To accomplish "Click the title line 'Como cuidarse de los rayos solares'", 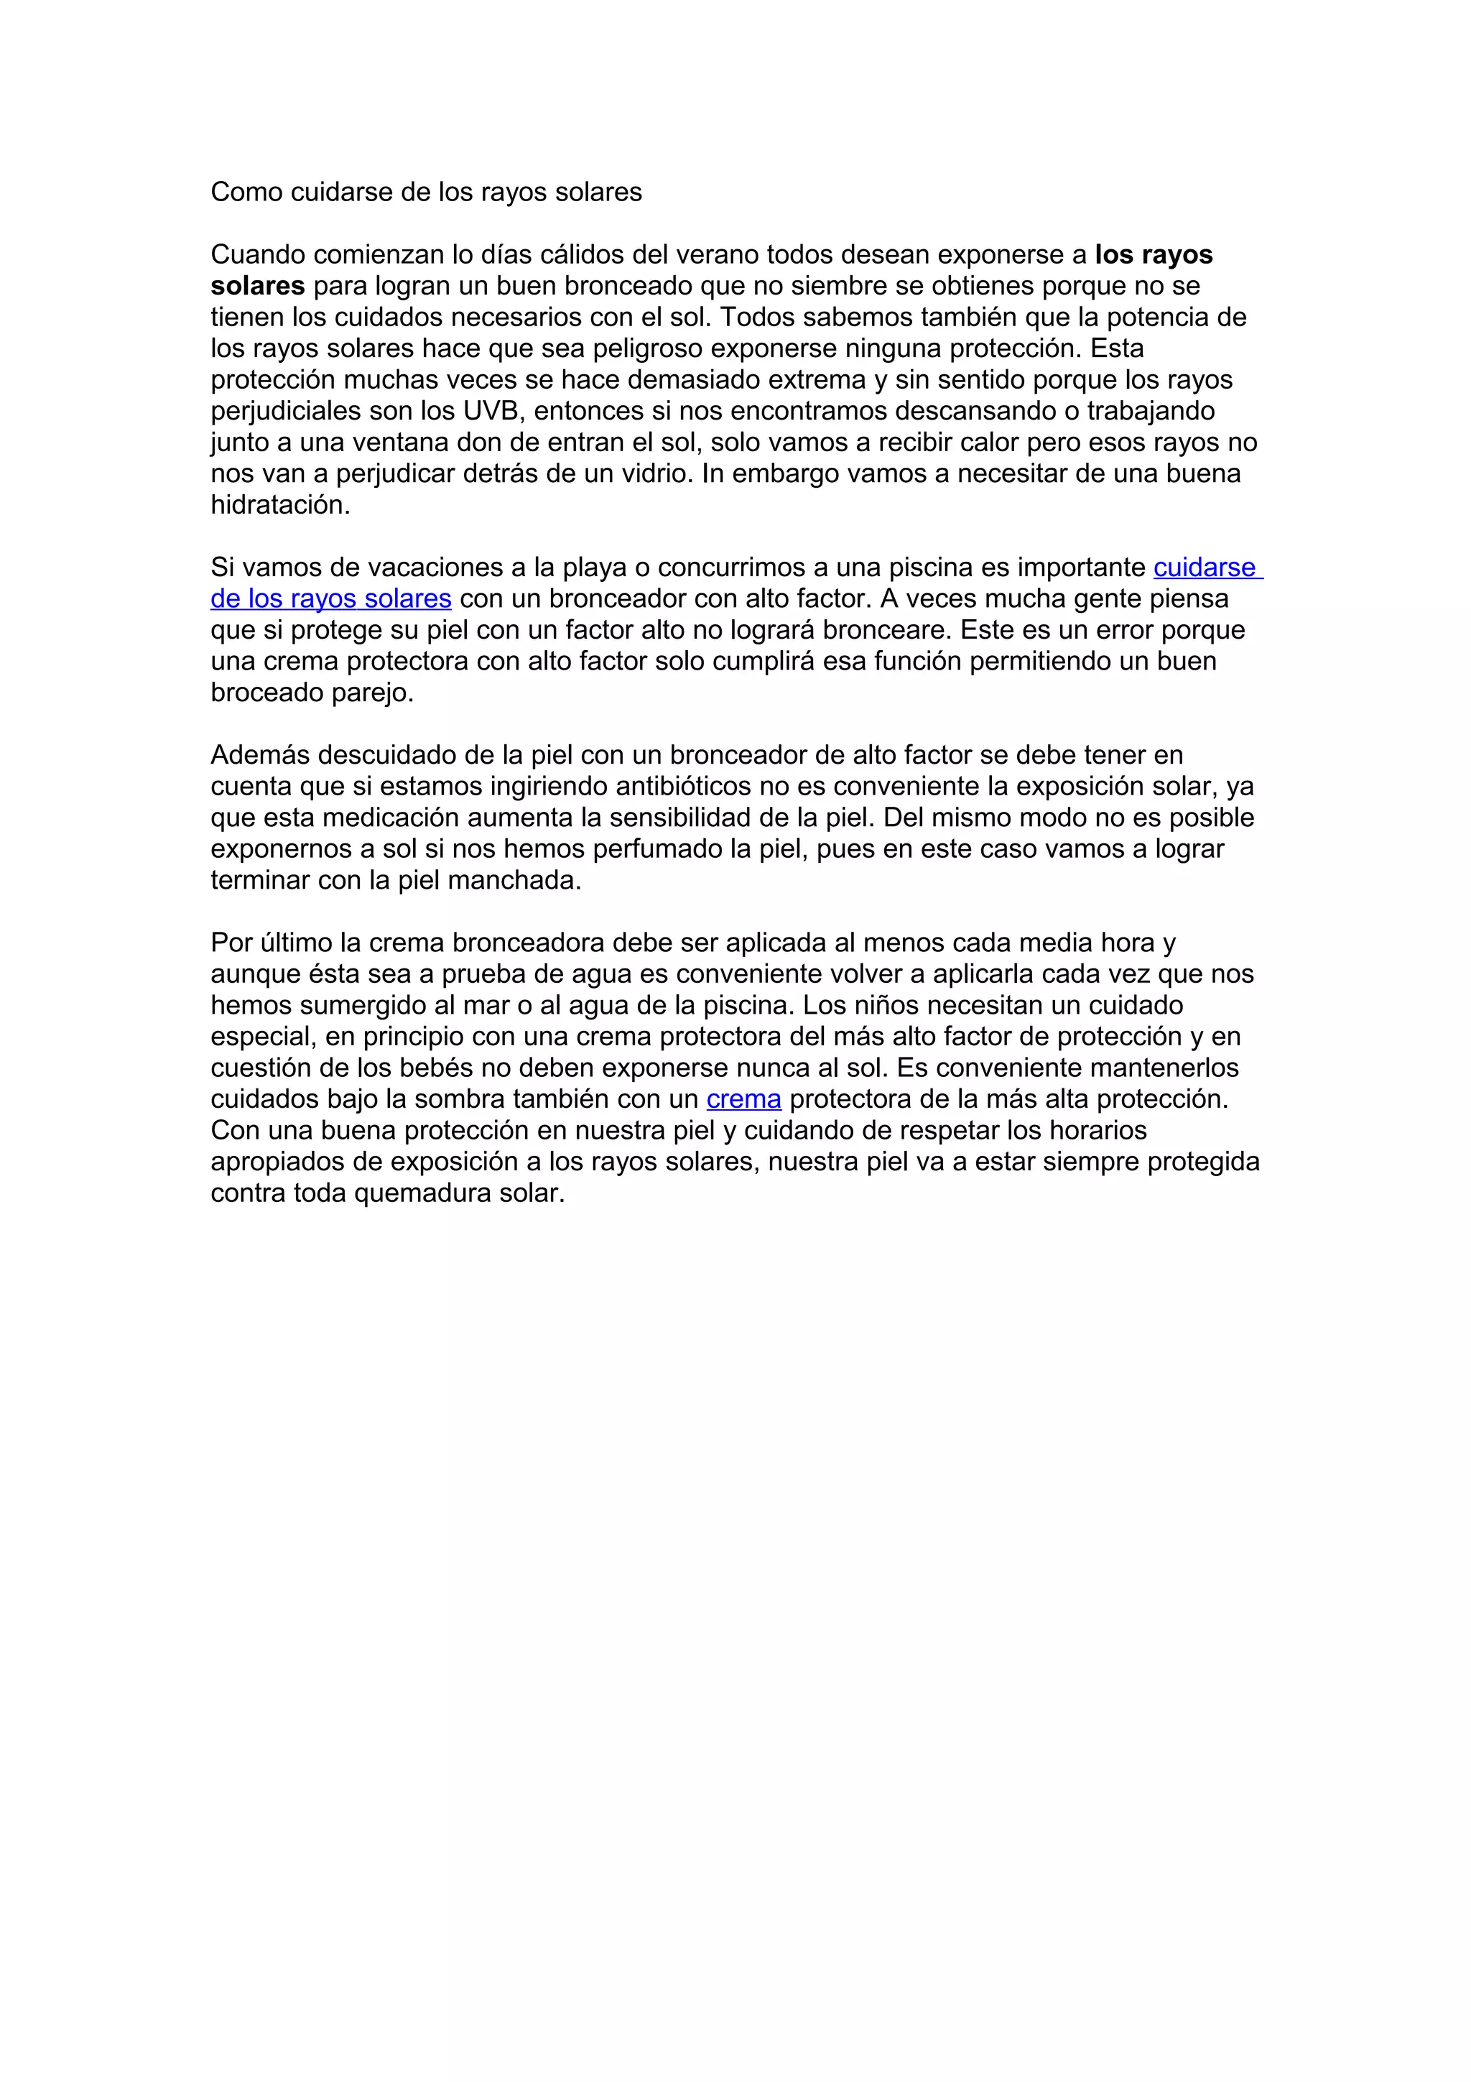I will (x=426, y=193).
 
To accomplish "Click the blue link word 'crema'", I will (x=743, y=1099).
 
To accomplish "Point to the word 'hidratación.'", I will (x=280, y=505).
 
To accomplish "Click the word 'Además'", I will (x=260, y=755).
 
